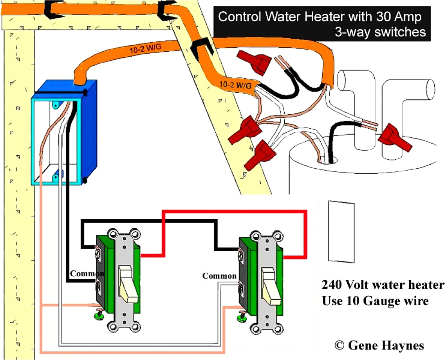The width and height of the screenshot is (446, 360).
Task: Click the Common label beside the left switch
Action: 87,274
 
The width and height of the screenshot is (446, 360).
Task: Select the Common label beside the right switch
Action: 219,276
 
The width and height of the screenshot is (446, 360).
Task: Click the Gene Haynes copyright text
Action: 379,345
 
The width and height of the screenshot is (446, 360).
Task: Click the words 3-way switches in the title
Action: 380,31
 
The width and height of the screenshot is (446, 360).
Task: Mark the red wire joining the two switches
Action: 235,212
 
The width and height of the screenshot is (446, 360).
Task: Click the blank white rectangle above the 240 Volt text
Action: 341,231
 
